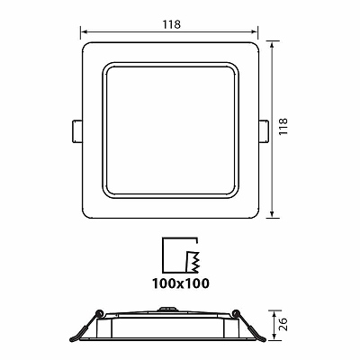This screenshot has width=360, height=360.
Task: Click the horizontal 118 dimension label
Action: [x=172, y=24]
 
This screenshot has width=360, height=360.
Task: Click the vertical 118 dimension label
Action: [x=283, y=126]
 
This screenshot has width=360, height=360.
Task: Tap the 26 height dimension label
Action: [x=283, y=324]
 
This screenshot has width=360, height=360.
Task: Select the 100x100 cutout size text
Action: [x=181, y=283]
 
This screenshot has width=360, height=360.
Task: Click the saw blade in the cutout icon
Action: [x=193, y=262]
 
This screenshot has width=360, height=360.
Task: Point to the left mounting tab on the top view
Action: [x=76, y=131]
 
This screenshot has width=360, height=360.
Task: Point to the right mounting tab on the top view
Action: [x=264, y=131]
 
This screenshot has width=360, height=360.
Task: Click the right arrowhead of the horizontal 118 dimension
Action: [x=255, y=31]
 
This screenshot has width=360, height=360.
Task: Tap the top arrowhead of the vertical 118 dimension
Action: [x=272, y=45]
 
